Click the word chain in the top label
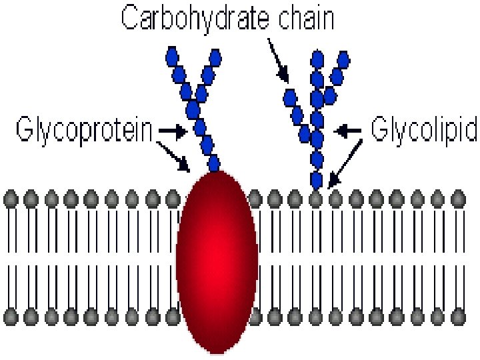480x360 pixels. (305, 19)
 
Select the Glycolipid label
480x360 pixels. (423, 130)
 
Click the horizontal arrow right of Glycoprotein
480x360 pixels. (172, 132)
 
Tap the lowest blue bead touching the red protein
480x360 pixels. (214, 163)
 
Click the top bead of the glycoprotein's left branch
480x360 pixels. (171, 53)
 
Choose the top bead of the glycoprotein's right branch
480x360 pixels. (215, 55)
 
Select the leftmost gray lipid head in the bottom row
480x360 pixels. (10, 315)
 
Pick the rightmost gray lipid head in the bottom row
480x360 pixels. (457, 315)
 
